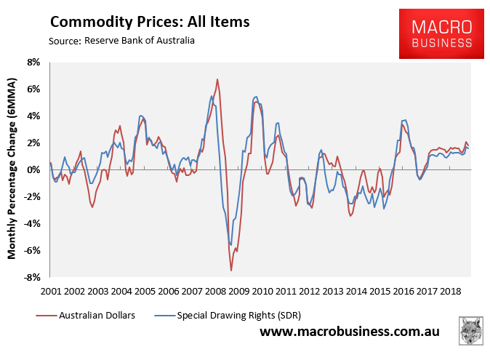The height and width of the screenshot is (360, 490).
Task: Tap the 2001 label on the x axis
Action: click(51, 291)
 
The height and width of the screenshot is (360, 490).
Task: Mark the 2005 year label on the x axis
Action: click(145, 291)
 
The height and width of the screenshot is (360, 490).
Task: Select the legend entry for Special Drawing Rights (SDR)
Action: click(233, 315)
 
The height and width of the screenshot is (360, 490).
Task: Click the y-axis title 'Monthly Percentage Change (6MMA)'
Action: click(13, 169)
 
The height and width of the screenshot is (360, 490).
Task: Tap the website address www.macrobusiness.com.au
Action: click(349, 332)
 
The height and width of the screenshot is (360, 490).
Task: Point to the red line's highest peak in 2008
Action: click(217, 79)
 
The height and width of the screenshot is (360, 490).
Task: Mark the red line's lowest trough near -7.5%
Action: click(231, 271)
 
